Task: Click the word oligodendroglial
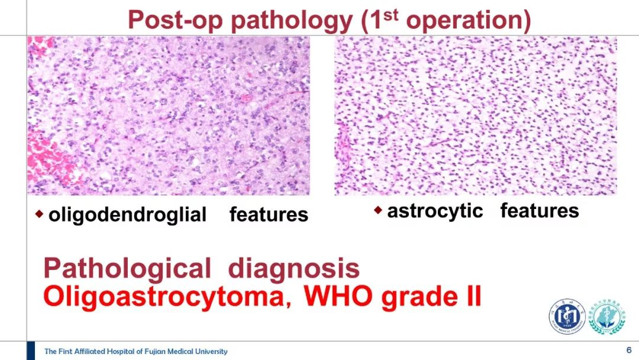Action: (x=128, y=214)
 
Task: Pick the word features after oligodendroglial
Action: (x=269, y=214)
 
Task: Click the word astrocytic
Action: (x=435, y=211)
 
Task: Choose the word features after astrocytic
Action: (x=540, y=210)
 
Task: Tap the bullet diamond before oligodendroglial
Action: (x=39, y=214)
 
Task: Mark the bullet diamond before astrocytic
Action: (x=377, y=210)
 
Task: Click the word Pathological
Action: (x=127, y=269)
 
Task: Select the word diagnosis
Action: (x=294, y=269)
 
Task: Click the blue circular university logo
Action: (x=567, y=316)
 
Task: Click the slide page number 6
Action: (x=629, y=350)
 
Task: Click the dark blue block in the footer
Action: (x=31, y=351)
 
